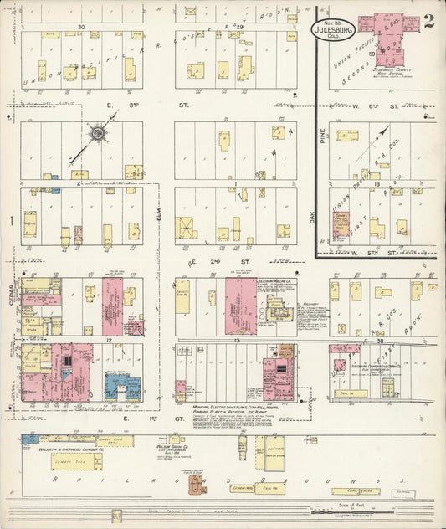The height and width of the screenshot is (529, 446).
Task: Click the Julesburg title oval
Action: [x=333, y=30]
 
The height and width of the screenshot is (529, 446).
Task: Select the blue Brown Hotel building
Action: [x=122, y=386]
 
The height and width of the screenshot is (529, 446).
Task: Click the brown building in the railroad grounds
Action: [x=197, y=483]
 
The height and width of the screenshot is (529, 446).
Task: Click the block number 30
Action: [x=81, y=28]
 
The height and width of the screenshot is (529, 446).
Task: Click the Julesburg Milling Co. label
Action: [x=274, y=281]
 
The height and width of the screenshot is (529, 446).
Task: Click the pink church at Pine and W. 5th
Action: [x=341, y=226]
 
